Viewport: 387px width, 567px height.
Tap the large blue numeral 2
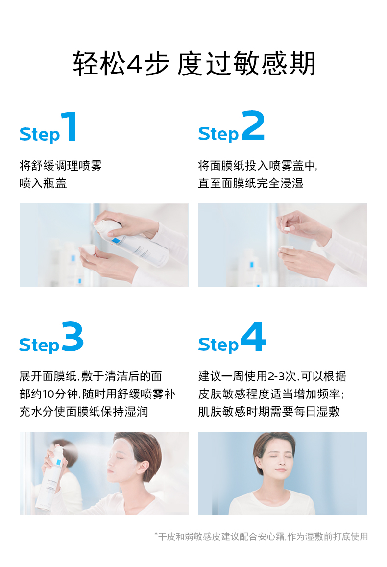pyautogui.click(x=253, y=125)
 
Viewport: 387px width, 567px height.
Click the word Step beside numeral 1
pyautogui.click(x=39, y=134)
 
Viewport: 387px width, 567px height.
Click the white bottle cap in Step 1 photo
pyautogui.click(x=88, y=249)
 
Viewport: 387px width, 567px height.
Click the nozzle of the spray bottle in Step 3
pyautogui.click(x=59, y=448)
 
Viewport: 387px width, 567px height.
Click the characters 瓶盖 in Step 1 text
pyautogui.click(x=55, y=183)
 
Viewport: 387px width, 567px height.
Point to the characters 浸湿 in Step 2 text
pyautogui.click(x=291, y=183)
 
